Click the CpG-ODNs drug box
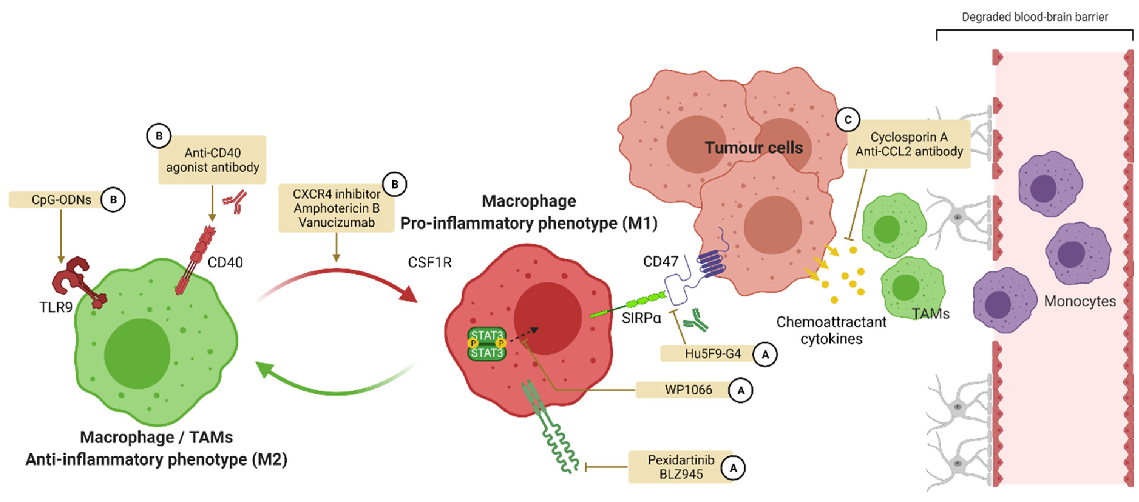tap(55, 200)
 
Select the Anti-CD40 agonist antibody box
tap(212, 160)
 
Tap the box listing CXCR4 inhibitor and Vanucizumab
tap(336, 208)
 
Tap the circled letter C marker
tap(847, 120)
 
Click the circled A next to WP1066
tap(741, 390)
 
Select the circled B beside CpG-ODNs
tap(113, 200)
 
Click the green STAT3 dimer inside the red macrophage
tap(486, 344)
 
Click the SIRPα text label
tap(641, 318)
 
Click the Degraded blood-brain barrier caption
tap(1035, 17)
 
